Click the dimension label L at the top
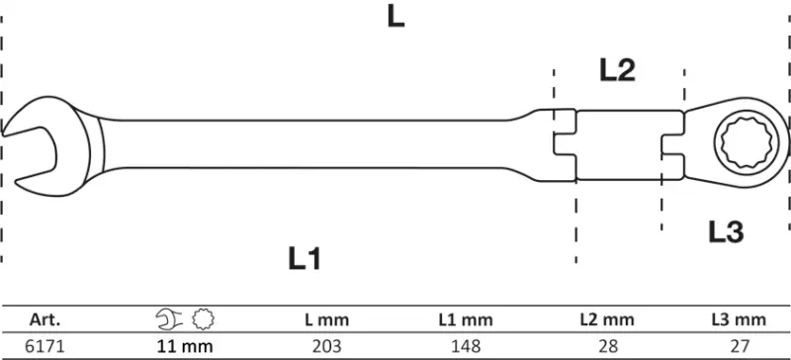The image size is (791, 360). point(395,19)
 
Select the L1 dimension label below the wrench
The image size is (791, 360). point(306,259)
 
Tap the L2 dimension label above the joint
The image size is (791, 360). point(617,69)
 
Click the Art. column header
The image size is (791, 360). point(46,319)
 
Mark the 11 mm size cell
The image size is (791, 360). point(186,347)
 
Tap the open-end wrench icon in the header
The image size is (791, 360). point(170,319)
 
